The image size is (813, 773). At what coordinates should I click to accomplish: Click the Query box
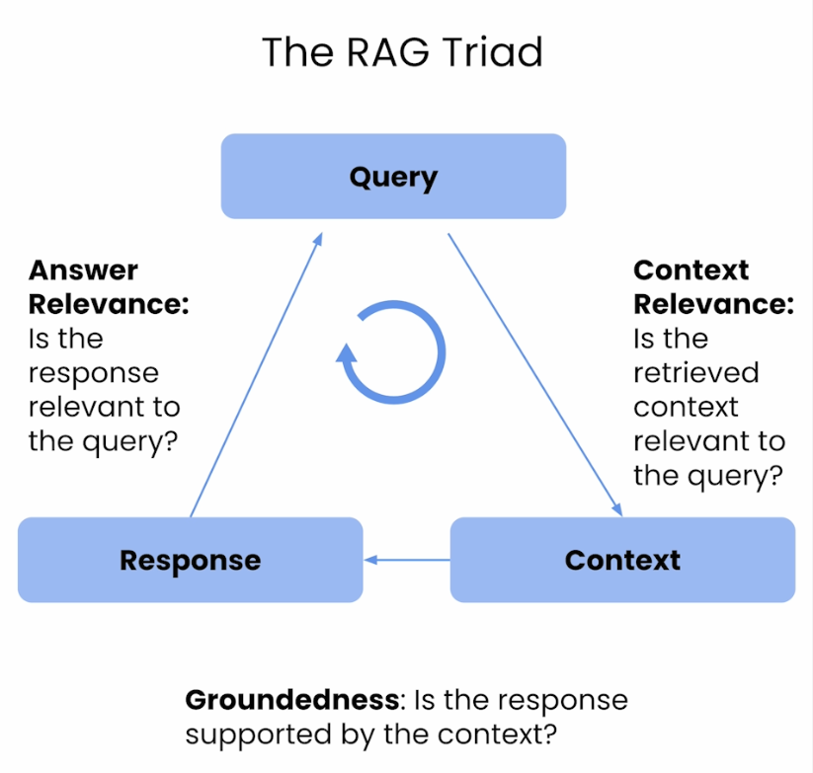pos(393,176)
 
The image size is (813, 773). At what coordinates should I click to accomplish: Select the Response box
pos(191,560)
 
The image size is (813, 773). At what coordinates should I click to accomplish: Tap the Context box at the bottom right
pos(622,560)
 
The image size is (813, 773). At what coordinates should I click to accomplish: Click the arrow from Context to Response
pos(407,560)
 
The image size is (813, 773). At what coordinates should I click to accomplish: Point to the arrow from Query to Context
pos(535,375)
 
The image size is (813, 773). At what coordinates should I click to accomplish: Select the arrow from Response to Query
pos(257,374)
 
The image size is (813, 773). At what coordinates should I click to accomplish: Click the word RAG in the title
pos(388,52)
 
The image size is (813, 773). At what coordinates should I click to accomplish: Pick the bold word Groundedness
pos(292,700)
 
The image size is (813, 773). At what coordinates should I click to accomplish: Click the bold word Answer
pos(84,270)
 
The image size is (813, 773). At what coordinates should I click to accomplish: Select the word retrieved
pos(695,372)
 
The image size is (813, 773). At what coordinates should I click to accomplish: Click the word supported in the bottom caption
pos(258,735)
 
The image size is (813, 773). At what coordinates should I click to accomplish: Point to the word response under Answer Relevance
pos(93,374)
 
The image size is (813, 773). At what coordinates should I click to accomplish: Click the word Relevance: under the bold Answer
pos(109,304)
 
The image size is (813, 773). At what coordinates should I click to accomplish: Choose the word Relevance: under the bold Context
pos(713,304)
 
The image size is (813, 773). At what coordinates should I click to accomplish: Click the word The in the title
pos(297,52)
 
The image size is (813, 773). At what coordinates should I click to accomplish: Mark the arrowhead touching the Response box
pos(370,560)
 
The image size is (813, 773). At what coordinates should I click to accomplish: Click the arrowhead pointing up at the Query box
pos(318,239)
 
